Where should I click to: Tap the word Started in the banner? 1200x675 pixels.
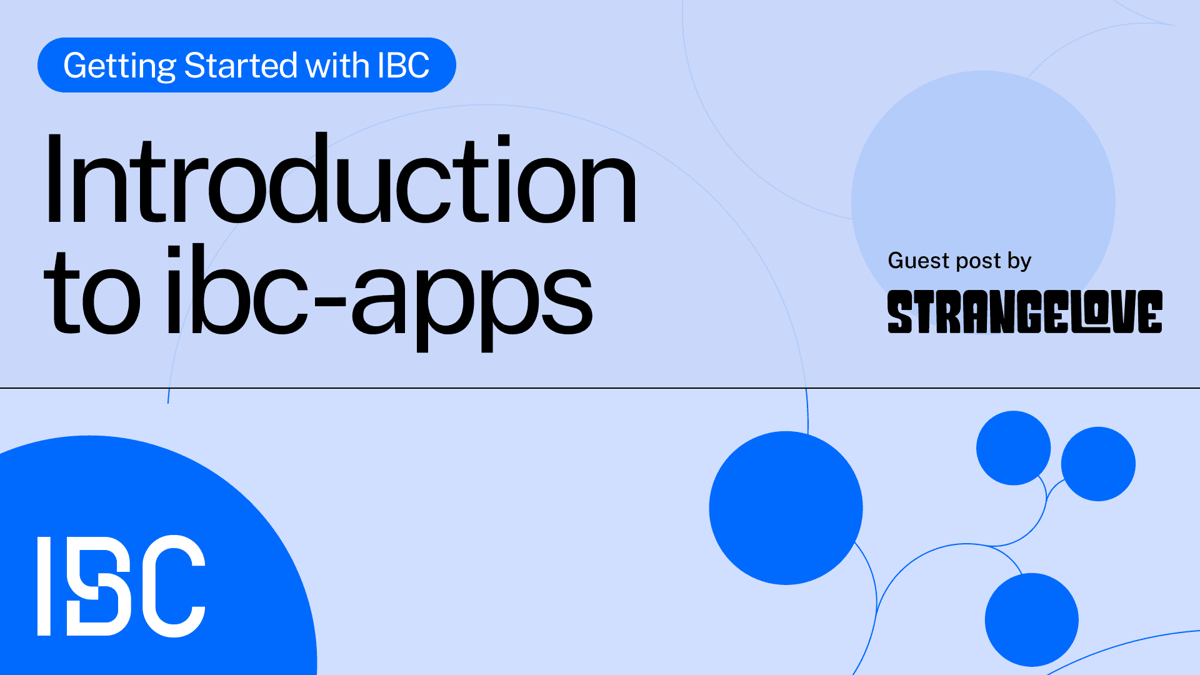[241, 65]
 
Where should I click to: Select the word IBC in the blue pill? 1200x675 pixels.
[403, 65]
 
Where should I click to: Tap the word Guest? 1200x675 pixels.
[917, 260]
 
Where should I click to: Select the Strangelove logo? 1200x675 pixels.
[1024, 311]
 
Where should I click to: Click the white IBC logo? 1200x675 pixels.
[121, 586]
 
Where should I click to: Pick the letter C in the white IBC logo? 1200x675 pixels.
[173, 586]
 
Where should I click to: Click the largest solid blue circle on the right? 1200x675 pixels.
[786, 508]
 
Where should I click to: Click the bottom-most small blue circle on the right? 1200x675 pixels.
[1031, 619]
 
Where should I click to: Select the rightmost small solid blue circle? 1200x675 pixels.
[1098, 464]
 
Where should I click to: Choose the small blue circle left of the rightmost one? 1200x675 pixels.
[1013, 447]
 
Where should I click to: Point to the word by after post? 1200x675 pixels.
[1019, 261]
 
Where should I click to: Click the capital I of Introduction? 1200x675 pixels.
[54, 179]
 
